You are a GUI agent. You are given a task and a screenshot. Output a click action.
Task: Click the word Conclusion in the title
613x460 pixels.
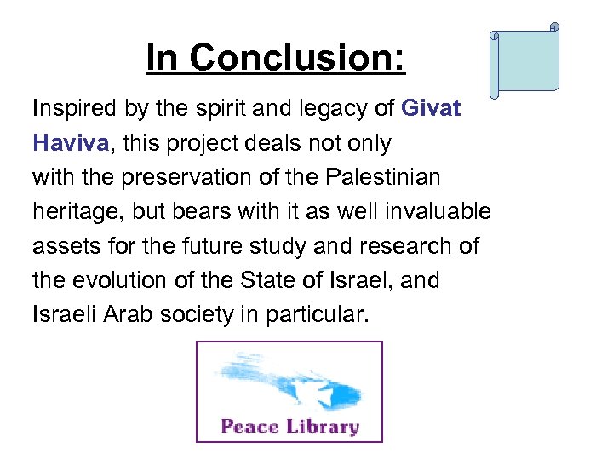click(298, 58)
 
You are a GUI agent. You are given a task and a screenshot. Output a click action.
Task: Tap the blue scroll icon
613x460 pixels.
click(524, 60)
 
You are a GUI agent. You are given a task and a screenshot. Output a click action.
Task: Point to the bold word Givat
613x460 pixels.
click(430, 109)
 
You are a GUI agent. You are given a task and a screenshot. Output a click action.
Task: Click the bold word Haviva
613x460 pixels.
click(71, 143)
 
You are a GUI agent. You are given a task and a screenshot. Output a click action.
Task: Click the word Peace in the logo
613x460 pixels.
click(249, 426)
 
